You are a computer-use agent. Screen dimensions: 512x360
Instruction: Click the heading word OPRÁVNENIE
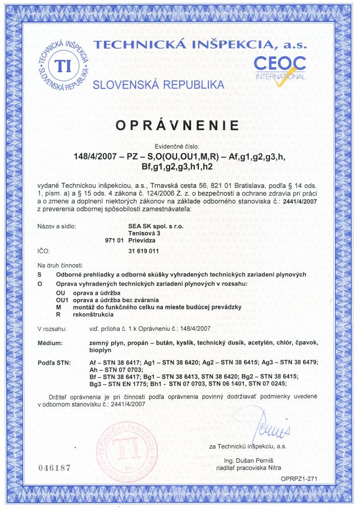pyautogui.click(x=180, y=125)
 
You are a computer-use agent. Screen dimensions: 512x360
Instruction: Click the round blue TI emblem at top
pyautogui.click(x=64, y=66)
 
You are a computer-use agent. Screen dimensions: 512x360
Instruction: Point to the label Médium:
pyautogui.click(x=50, y=342)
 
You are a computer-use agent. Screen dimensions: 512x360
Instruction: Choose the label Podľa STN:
pyautogui.click(x=53, y=362)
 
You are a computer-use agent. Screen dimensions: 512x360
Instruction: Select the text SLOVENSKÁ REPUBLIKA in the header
pyautogui.click(x=159, y=84)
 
